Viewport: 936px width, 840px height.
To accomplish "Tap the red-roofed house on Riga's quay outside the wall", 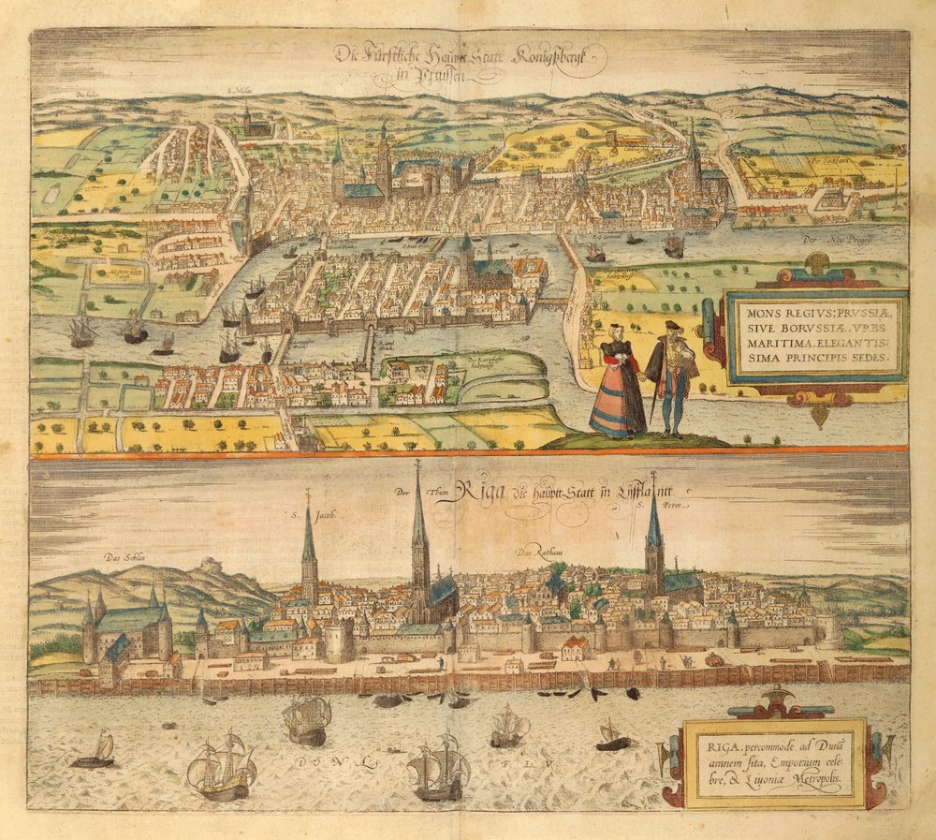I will [x=575, y=647].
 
